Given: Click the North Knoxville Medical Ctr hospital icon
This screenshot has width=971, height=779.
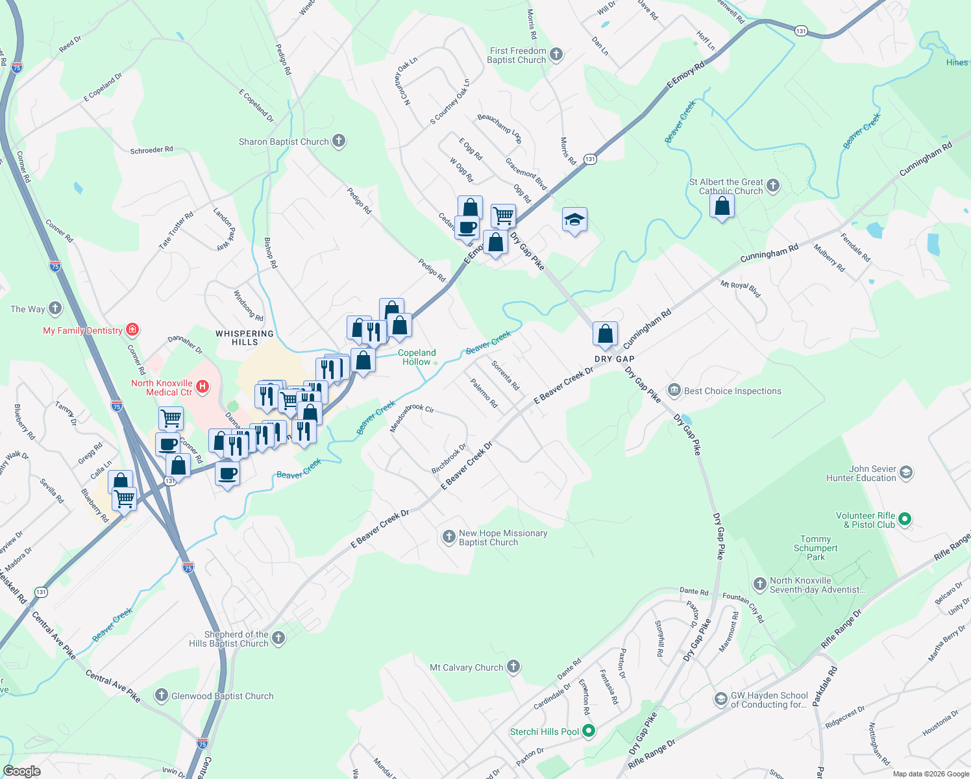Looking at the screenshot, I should click(203, 388).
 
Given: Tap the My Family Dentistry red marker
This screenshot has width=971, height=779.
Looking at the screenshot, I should click(132, 330).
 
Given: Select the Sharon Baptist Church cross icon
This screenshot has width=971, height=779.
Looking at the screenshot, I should click(338, 141).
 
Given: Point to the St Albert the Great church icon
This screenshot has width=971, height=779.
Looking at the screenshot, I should click(772, 186).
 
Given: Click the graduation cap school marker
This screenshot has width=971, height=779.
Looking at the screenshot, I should click(574, 220).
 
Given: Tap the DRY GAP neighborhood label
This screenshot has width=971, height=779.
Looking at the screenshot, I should click(614, 359).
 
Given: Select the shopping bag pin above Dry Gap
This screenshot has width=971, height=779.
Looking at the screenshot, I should click(605, 334).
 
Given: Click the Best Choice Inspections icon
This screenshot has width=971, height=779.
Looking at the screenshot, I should click(674, 390).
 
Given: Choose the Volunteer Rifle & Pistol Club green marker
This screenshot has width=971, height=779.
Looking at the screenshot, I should click(905, 519).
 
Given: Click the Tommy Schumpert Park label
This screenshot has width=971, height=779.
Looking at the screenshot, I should click(815, 548).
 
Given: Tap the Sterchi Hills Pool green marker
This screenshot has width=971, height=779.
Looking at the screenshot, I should click(589, 732).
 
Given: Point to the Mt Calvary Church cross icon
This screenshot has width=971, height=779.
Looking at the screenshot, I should click(513, 667).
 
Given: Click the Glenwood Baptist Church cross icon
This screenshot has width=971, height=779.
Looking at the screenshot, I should click(162, 696).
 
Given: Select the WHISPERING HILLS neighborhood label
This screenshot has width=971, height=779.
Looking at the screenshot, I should click(245, 338).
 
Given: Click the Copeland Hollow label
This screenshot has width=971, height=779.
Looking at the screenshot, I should click(417, 357).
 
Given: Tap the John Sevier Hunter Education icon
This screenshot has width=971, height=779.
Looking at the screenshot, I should click(907, 473).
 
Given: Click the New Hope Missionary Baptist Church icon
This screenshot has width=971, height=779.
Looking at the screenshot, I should click(449, 537).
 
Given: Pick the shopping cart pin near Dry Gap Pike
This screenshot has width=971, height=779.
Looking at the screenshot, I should click(503, 216).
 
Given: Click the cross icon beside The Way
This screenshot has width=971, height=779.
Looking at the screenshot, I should click(55, 308).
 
